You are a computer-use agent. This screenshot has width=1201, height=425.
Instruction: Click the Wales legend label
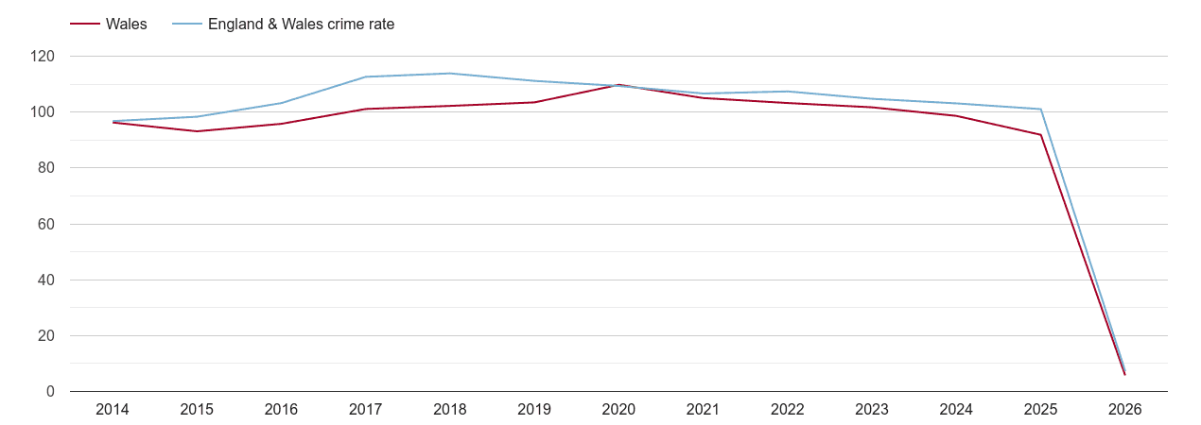click(127, 25)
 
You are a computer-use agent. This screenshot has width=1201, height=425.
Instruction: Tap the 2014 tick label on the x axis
click(113, 410)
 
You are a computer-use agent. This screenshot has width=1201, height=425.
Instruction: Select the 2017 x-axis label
click(366, 410)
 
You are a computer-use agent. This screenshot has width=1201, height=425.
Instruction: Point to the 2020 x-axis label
click(618, 410)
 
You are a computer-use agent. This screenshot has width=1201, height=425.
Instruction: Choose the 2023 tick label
click(872, 410)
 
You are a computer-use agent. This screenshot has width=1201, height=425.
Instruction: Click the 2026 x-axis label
click(1124, 410)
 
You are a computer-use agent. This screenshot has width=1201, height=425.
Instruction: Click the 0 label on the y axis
click(50, 392)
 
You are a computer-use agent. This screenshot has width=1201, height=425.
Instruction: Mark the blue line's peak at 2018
click(450, 74)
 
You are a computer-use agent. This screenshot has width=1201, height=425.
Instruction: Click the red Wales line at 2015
click(197, 131)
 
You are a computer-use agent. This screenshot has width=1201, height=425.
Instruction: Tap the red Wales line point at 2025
click(1040, 135)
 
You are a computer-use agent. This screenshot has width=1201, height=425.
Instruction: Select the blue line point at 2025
click(1040, 110)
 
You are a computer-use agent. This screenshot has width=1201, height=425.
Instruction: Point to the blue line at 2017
click(366, 77)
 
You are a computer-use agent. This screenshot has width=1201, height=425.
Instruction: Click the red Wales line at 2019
click(534, 102)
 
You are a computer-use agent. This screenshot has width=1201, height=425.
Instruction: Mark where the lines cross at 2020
click(618, 85)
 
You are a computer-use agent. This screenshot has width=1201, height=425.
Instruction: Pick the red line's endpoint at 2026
click(1124, 375)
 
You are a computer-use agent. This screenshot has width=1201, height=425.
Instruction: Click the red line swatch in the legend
click(85, 25)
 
